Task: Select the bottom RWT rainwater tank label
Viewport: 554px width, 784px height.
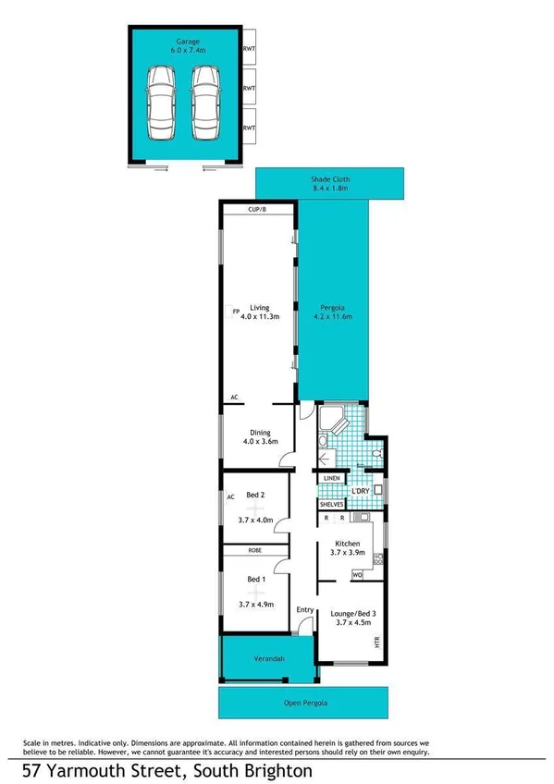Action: tap(249, 128)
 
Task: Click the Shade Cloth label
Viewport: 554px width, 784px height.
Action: tap(329, 180)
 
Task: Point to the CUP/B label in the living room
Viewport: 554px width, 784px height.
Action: tap(257, 210)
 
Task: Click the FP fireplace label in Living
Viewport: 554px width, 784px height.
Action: tap(236, 310)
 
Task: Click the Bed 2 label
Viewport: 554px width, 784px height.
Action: tap(254, 496)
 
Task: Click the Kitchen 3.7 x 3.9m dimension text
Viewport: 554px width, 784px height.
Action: tap(348, 553)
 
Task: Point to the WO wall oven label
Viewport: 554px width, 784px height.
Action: tap(357, 576)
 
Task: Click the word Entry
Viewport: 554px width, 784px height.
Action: tap(305, 609)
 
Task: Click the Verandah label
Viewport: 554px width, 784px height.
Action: tap(266, 659)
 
